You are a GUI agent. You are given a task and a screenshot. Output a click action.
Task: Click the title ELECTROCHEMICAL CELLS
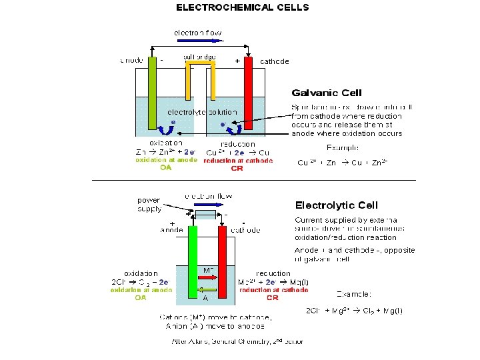tap(242, 7)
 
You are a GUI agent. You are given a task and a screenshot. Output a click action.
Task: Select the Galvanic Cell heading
tap(327, 93)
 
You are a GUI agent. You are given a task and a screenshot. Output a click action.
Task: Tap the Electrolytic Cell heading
tap(337, 205)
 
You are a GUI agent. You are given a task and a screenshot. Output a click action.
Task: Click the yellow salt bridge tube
tap(199, 66)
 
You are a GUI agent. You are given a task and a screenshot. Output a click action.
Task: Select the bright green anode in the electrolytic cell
tap(193, 260)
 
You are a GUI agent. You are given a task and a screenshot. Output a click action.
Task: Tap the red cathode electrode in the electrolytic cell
tap(223, 260)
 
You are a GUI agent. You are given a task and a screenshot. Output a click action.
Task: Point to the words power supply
tap(149, 205)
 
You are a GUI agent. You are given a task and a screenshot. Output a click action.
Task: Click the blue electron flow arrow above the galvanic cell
tap(198, 41)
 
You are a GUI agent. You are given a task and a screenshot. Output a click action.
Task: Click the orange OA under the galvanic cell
tap(166, 168)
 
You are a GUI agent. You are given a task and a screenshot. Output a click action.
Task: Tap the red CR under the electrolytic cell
tap(272, 298)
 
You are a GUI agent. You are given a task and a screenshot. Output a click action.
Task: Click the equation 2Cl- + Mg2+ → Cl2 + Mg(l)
tap(354, 311)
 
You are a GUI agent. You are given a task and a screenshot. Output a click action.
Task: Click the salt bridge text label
tap(199, 57)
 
